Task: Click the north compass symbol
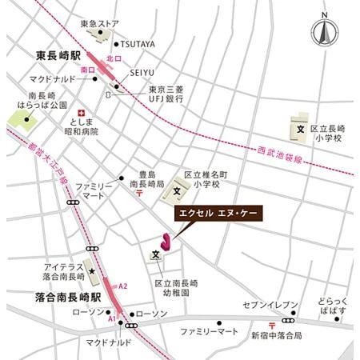pos(325,33)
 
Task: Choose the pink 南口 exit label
pos(89,70)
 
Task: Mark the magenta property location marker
pos(166,240)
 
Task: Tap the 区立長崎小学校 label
pos(328,133)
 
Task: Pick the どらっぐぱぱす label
pos(334,312)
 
